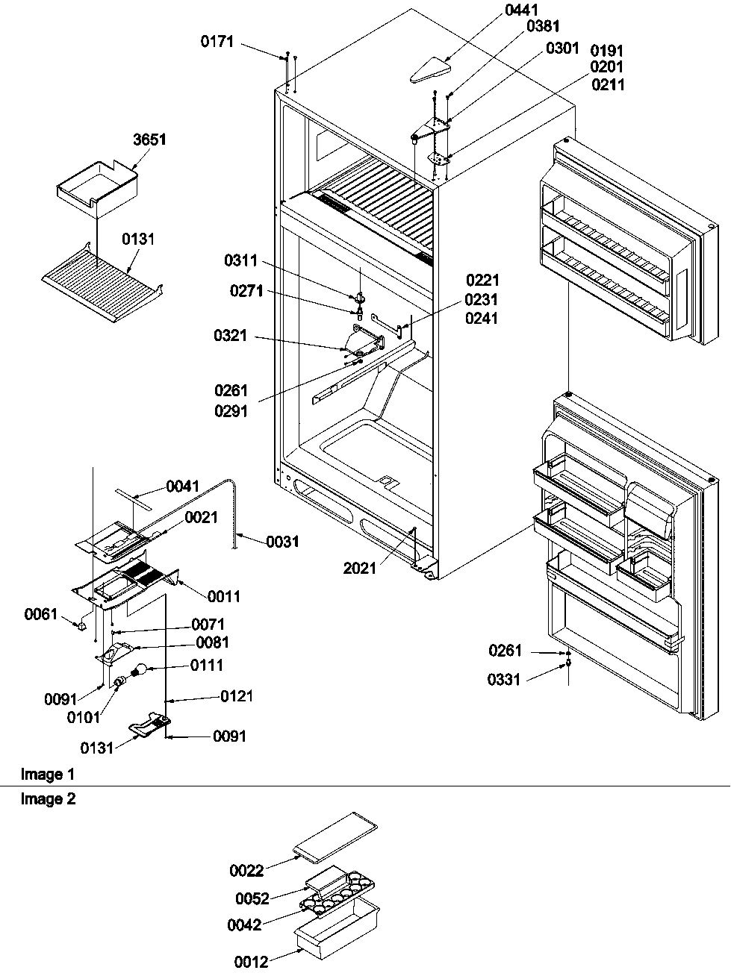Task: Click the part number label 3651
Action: pos(150,140)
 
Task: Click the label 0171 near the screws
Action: pos(217,43)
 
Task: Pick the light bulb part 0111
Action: pos(140,671)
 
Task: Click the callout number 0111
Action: pos(207,665)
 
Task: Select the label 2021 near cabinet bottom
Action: pos(360,569)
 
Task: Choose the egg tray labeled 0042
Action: pos(337,892)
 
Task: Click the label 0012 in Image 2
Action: pos(251,963)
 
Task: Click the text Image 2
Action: pos(48,799)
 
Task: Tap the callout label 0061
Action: pos(40,614)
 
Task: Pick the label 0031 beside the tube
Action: pos(283,542)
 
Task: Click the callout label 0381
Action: pos(543,26)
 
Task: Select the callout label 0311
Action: pos(240,260)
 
